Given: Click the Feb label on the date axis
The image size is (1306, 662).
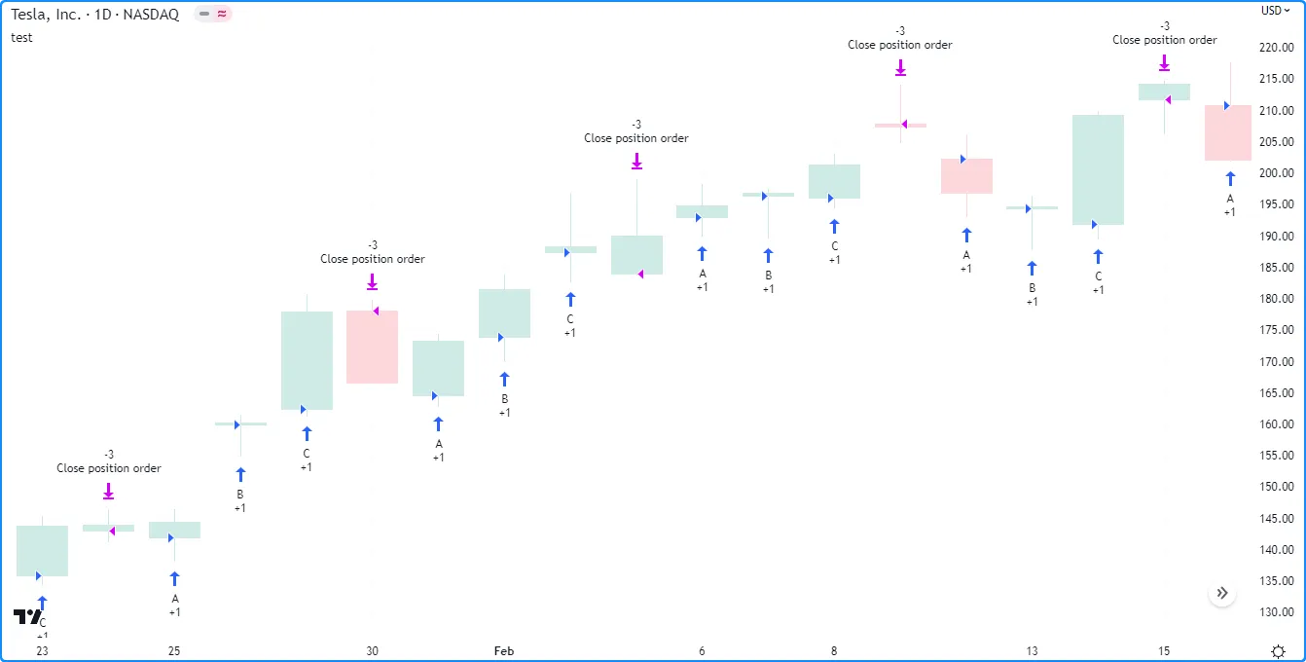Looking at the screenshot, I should point(503,650).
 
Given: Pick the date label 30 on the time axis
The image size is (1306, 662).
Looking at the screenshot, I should point(372,650).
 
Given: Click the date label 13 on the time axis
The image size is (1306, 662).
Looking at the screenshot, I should point(1032,650).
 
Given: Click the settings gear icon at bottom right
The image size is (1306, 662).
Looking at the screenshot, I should point(1278,650).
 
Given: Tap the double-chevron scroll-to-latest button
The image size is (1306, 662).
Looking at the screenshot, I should point(1222,593).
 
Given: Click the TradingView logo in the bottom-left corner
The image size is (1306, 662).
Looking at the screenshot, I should point(27,616).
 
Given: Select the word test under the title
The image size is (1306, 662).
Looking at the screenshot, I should point(21,37).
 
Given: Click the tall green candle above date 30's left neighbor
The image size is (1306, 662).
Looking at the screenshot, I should point(307,360).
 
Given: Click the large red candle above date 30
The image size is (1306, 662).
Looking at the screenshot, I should point(372,347).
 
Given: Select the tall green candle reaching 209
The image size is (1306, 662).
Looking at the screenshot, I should point(1098,170).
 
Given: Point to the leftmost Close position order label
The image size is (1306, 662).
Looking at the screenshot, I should point(109,468).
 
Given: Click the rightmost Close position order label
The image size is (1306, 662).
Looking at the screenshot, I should point(1164,40).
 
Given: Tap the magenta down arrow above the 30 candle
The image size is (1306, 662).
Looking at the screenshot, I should point(372,282).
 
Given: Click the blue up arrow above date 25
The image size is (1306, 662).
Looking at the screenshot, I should point(174,579).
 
